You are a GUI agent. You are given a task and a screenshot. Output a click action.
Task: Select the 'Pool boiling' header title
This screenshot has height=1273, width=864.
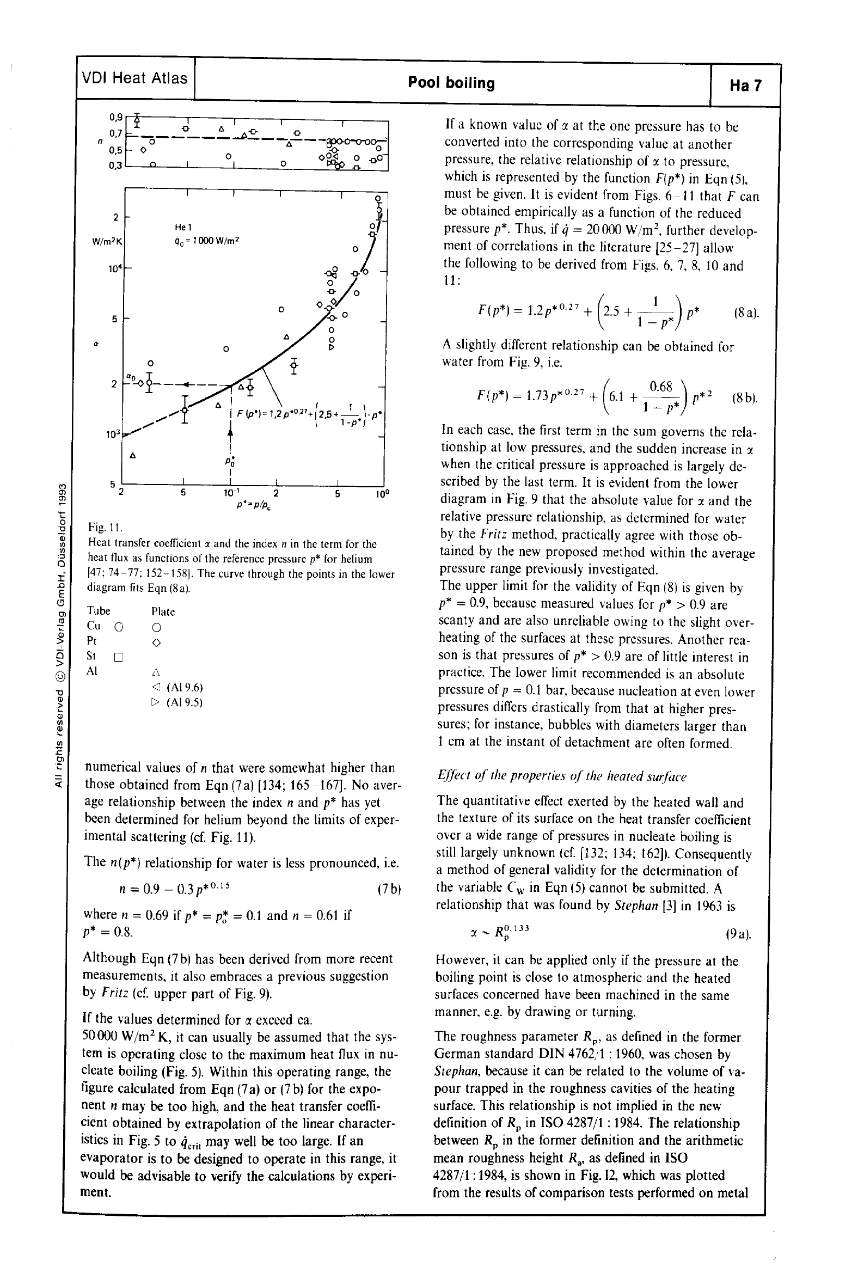pyautogui.click(x=451, y=83)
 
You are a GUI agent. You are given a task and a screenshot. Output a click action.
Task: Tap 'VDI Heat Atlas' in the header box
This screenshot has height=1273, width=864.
pyautogui.click(x=135, y=78)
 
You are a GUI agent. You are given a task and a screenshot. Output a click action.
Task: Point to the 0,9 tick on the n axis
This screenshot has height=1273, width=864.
pyautogui.click(x=116, y=117)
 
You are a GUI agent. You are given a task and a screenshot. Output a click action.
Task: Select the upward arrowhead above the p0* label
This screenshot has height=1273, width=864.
pyautogui.click(x=231, y=432)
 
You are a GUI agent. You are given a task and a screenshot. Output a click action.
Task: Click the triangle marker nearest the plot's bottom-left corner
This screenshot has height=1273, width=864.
pyautogui.click(x=132, y=455)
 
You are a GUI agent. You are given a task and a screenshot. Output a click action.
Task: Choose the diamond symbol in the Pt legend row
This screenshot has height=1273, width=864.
pyautogui.click(x=156, y=642)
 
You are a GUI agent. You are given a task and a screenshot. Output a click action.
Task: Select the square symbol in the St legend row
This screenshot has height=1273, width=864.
pyautogui.click(x=119, y=657)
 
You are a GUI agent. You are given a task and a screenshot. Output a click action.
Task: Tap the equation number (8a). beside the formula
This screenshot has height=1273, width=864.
pyautogui.click(x=746, y=314)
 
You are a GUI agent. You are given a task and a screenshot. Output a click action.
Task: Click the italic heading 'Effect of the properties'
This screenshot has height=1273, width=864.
pyautogui.click(x=561, y=776)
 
